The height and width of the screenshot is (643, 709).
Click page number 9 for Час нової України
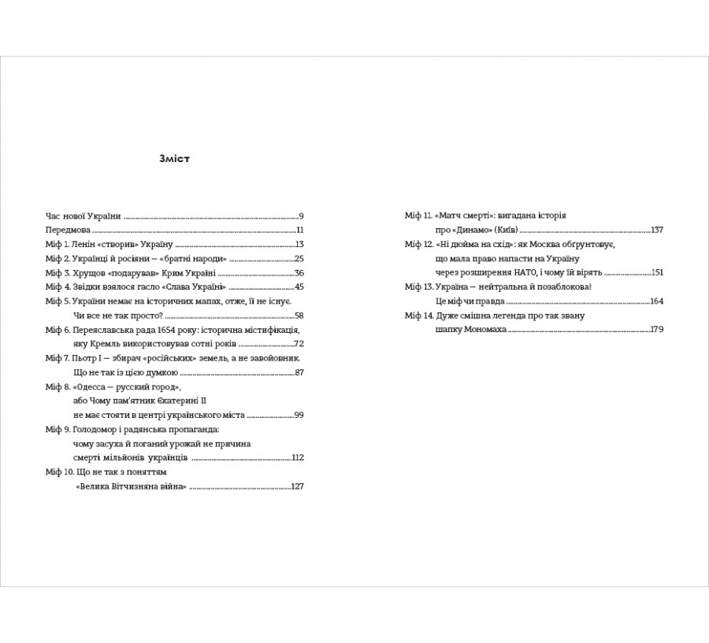[x=301, y=215]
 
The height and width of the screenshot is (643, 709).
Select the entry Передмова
[x=68, y=230]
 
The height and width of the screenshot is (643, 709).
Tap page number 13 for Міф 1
[x=299, y=244]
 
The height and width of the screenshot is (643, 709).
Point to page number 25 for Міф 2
[x=299, y=258]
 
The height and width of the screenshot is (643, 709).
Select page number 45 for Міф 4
[x=299, y=286]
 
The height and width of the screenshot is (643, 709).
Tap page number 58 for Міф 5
[x=299, y=315]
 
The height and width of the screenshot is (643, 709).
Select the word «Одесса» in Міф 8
[x=89, y=386]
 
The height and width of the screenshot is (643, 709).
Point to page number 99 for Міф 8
[x=299, y=415]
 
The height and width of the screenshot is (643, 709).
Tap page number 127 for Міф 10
[x=297, y=486]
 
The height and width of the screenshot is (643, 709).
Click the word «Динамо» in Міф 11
[x=453, y=230]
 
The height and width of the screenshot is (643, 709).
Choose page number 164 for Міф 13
[x=657, y=301]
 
